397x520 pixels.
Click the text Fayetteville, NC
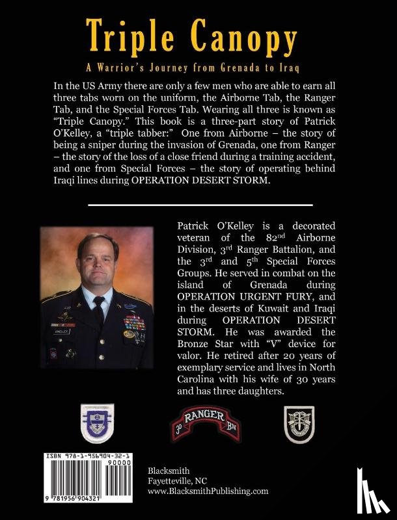[172, 482]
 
